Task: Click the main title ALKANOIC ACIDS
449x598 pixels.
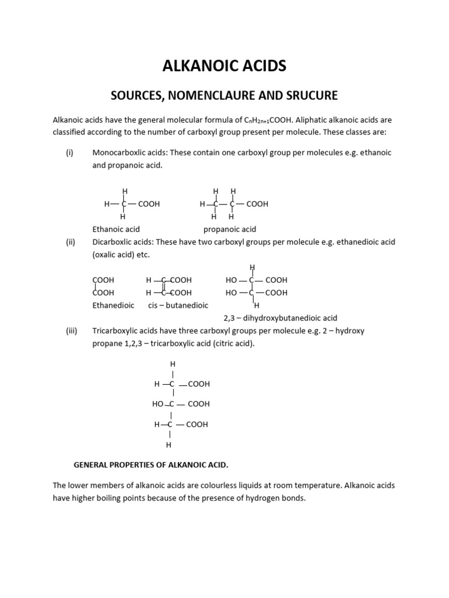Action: tap(224, 66)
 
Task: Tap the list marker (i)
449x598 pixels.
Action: tap(70, 152)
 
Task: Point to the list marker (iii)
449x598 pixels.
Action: tap(71, 331)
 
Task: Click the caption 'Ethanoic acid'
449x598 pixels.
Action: tap(116, 229)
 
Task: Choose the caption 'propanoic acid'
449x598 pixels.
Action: tap(230, 229)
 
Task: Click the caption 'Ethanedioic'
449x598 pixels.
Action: tap(113, 305)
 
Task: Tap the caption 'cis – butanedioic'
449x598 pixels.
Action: tap(178, 305)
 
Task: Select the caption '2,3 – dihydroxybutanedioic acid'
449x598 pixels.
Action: tap(281, 318)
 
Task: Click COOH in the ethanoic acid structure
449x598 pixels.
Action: tap(148, 204)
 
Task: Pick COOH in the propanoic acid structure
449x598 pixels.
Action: tap(257, 204)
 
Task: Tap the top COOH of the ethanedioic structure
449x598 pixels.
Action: tap(103, 280)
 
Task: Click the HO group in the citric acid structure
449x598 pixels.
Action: tap(157, 404)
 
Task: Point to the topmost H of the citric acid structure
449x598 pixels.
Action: tap(172, 364)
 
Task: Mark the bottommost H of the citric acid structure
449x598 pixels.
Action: tap(169, 445)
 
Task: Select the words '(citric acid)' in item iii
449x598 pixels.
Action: tap(232, 344)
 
